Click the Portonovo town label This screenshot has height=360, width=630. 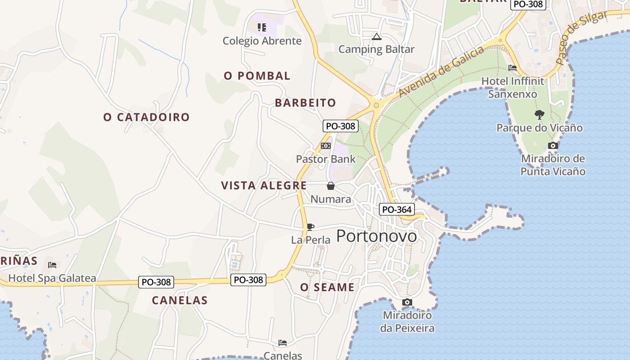pyautogui.click(x=376, y=236)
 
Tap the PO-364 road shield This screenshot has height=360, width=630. pyautogui.click(x=396, y=209)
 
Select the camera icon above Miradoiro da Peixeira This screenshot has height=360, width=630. pyautogui.click(x=407, y=302)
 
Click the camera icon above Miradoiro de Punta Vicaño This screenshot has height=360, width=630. pyautogui.click(x=553, y=145)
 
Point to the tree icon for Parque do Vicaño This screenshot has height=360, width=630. pyautogui.click(x=539, y=115)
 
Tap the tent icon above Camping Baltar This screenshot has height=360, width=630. pyautogui.click(x=377, y=36)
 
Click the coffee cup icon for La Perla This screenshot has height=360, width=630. pyautogui.click(x=310, y=227)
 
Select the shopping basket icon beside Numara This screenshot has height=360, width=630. pyautogui.click(x=331, y=186)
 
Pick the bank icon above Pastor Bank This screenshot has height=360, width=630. pyautogui.click(x=326, y=146)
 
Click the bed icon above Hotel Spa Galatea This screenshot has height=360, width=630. pyautogui.click(x=52, y=265)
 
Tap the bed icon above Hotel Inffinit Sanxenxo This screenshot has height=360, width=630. pyautogui.click(x=512, y=68)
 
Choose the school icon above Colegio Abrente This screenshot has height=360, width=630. pyautogui.click(x=262, y=27)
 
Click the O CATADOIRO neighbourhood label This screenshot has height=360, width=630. pyautogui.click(x=146, y=117)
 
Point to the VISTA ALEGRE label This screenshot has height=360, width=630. pyautogui.click(x=264, y=185)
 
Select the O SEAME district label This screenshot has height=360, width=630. pyautogui.click(x=327, y=287)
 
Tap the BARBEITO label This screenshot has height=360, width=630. pyautogui.click(x=305, y=103)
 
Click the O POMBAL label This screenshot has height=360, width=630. pyautogui.click(x=257, y=76)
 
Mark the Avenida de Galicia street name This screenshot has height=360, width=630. pyautogui.click(x=441, y=71)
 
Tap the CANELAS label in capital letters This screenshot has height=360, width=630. pyautogui.click(x=180, y=300)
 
